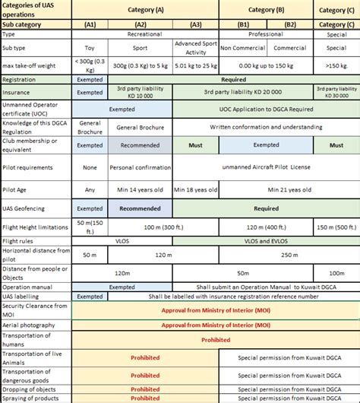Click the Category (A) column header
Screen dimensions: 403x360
145,10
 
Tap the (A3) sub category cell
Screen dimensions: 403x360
195,24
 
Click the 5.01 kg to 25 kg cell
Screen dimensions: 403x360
195,64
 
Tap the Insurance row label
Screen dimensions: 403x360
36,91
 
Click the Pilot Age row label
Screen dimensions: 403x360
36,189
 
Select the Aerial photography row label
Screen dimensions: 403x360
36,324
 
